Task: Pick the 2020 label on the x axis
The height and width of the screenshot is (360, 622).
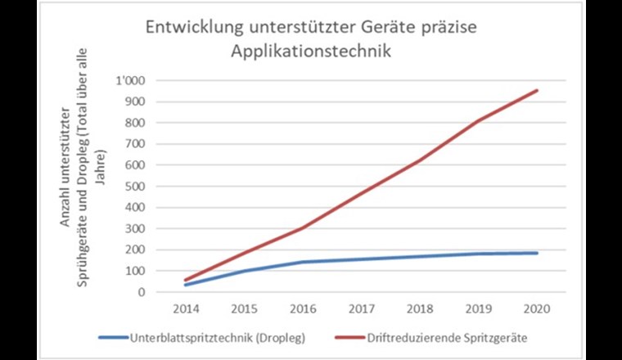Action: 537,309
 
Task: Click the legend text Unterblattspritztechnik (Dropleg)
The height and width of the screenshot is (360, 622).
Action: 217,336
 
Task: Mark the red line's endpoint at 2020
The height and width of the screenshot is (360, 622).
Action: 537,90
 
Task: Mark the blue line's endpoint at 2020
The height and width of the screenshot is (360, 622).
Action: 537,253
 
